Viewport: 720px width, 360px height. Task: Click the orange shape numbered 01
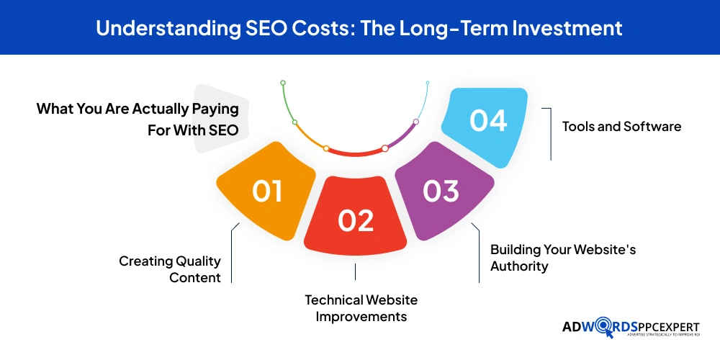[266, 191]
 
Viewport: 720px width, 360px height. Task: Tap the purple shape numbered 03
[444, 191]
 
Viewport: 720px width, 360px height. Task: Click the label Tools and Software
[622, 127]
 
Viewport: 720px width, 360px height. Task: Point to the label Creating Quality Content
[170, 269]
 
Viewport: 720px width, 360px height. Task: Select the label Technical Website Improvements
[361, 308]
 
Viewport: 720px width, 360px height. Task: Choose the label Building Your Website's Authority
[563, 258]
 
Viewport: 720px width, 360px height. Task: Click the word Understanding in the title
[168, 29]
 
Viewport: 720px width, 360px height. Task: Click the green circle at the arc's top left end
[283, 83]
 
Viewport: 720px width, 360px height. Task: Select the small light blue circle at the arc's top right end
[428, 83]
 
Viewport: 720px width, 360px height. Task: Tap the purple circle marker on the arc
[416, 122]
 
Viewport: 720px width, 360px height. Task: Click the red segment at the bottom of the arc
[356, 153]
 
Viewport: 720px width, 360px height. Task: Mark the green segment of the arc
[287, 102]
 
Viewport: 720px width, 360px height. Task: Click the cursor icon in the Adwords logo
[609, 334]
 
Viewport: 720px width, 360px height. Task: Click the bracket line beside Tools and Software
[551, 134]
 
